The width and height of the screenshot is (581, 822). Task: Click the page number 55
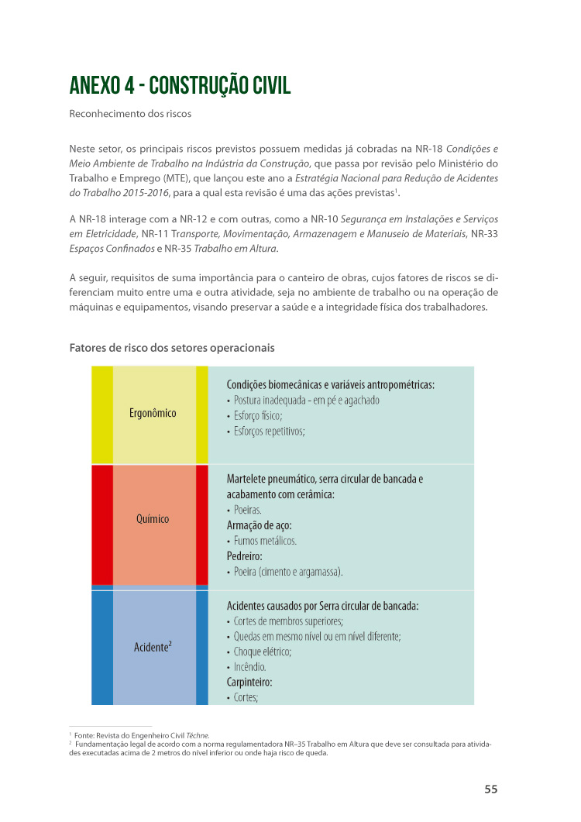click(x=490, y=789)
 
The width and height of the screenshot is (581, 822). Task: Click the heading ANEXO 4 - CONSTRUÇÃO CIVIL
click(x=180, y=85)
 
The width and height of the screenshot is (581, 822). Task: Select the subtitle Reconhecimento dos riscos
click(x=130, y=114)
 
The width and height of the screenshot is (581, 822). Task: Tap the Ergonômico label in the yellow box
click(x=153, y=413)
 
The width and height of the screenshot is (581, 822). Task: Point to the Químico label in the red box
click(x=153, y=519)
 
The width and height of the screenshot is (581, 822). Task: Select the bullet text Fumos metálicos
click(x=265, y=541)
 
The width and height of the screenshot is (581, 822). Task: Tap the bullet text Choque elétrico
click(x=263, y=652)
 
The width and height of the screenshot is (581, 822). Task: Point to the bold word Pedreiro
click(x=245, y=556)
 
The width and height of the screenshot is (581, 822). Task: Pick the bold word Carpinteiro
click(x=249, y=683)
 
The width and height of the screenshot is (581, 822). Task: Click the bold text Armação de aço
click(x=259, y=525)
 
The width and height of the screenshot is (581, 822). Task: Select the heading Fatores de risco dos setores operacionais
click(x=172, y=348)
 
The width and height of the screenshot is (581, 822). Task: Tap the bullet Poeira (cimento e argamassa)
click(x=288, y=572)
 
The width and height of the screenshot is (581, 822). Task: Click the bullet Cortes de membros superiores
click(x=288, y=621)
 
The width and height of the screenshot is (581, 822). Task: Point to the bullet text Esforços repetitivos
click(x=269, y=431)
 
